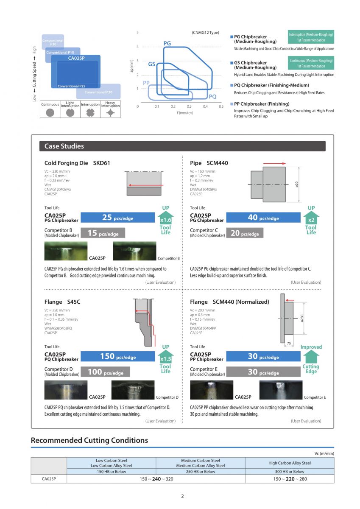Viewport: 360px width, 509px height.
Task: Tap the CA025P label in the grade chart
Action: coord(77,58)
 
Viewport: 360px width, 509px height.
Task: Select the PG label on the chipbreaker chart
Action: coord(167,43)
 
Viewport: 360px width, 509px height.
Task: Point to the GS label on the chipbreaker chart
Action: coord(151,64)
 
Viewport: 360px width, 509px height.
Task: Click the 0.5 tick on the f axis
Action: coord(221,106)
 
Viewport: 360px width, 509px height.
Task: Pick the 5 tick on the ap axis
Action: coord(137,33)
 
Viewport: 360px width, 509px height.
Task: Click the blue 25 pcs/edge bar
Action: coord(117,218)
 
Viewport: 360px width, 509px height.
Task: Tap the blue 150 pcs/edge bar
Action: coord(117,357)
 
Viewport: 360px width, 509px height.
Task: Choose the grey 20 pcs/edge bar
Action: coord(244,233)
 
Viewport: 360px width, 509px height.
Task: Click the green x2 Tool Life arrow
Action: coord(311,218)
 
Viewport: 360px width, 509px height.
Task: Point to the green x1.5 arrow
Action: coord(165,357)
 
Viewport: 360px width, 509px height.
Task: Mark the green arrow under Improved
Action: coord(311,356)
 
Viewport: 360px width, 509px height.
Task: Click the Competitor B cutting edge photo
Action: coord(134,251)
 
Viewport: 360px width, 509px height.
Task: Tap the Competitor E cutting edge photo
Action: coord(280,390)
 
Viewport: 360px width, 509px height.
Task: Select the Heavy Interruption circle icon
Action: coord(111,113)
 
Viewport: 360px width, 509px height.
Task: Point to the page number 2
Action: coord(182,496)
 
